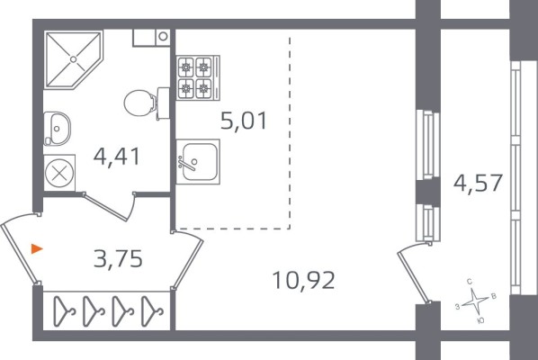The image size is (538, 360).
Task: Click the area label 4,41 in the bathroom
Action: (117, 157)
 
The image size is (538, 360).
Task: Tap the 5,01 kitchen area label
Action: (244, 121)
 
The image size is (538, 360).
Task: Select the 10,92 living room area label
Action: (303, 280)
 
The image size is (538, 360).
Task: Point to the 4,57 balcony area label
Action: (478, 183)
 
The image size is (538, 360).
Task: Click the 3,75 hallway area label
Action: (118, 258)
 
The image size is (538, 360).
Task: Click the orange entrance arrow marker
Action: (37, 248)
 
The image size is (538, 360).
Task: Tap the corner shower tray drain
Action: (73, 59)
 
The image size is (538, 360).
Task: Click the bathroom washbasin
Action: (57, 129)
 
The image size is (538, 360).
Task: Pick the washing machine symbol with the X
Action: (59, 173)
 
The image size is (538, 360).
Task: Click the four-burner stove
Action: (198, 78)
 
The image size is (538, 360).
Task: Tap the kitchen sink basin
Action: (198, 162)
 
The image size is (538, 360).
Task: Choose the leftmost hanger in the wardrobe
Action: (64, 311)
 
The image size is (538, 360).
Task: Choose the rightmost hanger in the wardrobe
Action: (152, 311)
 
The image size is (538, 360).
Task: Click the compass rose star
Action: (475, 301)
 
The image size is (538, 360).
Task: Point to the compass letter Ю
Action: (480, 320)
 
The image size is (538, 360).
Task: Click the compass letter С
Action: (470, 282)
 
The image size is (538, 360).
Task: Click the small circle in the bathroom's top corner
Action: (163, 36)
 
